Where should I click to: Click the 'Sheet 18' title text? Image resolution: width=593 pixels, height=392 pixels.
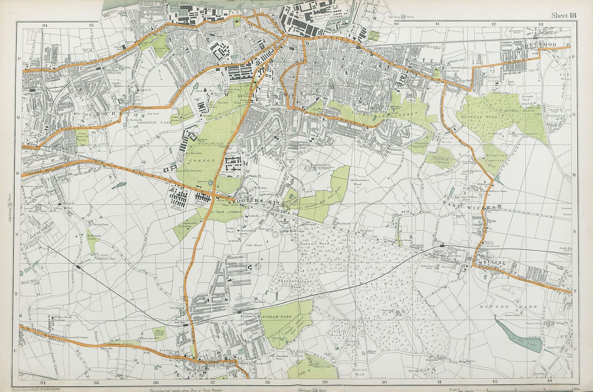click(x=564, y=15)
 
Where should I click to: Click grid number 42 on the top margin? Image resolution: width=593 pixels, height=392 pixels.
click(x=493, y=24)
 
